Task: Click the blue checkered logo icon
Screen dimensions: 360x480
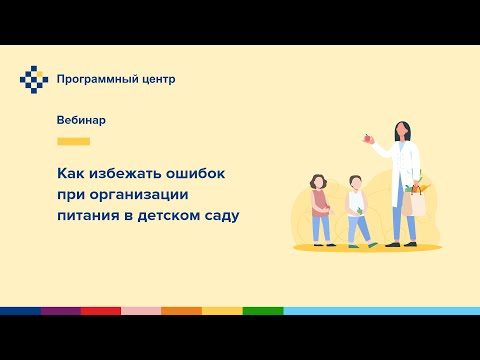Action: click(x=33, y=79)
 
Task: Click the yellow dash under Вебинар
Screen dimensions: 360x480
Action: click(x=74, y=141)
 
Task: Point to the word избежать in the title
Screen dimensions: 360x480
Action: click(x=121, y=173)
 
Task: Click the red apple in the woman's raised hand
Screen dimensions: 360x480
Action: click(x=369, y=139)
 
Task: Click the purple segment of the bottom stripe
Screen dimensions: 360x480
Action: click(x=60, y=311)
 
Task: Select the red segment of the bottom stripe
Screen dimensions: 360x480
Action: click(x=100, y=311)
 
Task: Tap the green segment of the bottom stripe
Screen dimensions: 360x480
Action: click(x=262, y=311)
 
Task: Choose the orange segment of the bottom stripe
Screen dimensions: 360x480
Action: click(x=181, y=311)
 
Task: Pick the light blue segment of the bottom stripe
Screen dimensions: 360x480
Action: click(x=380, y=311)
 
